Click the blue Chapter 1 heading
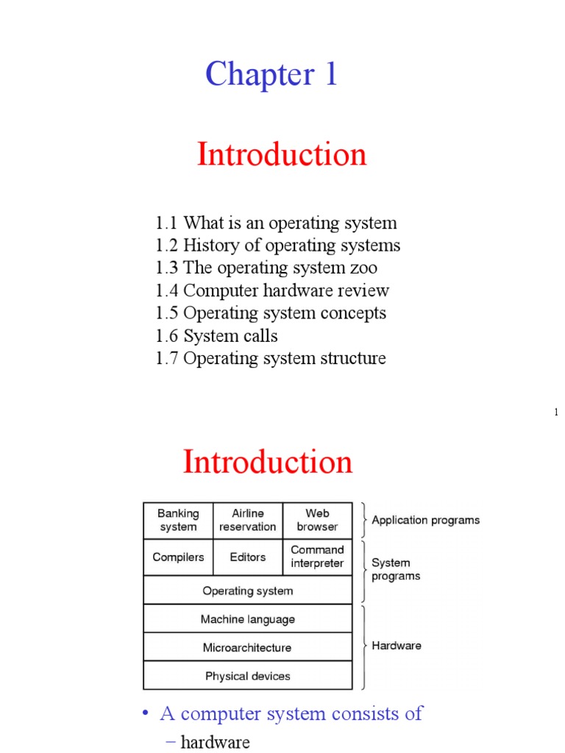[271, 74]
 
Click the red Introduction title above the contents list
[282, 154]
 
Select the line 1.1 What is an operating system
[276, 223]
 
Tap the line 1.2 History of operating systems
[278, 245]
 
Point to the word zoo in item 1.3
[366, 268]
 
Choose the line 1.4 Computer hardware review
[272, 290]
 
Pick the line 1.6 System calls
[217, 335]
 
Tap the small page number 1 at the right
[556, 413]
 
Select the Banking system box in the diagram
[178, 520]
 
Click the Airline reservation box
[248, 520]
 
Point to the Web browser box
[317, 520]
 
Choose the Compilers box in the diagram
[178, 557]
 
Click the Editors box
[248, 557]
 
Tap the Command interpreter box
[317, 557]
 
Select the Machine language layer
[248, 619]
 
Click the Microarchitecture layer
[248, 648]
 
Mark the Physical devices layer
[248, 676]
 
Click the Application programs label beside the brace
[425, 520]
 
